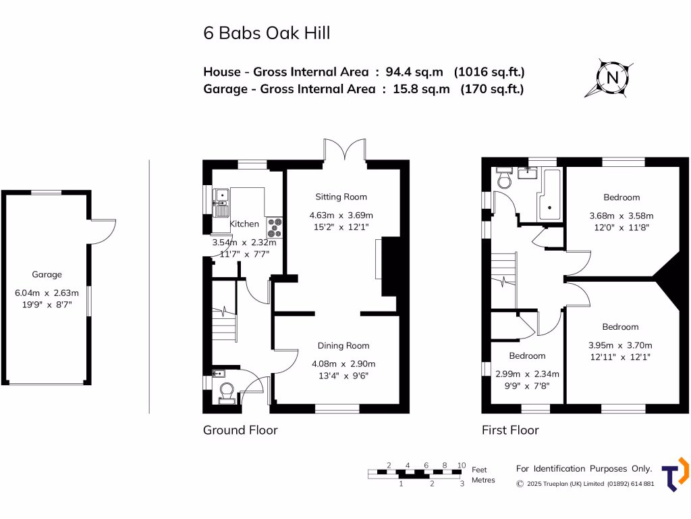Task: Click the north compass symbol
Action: (x=613, y=78)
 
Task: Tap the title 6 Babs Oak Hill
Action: (x=267, y=32)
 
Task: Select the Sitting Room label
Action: (x=341, y=197)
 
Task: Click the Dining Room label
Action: (x=343, y=345)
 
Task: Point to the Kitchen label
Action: (x=244, y=224)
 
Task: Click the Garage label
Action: (x=47, y=274)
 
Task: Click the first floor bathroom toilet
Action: (x=503, y=179)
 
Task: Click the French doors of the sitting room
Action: (x=344, y=149)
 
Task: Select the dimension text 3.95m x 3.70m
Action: (x=620, y=344)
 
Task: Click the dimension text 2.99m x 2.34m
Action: (x=527, y=373)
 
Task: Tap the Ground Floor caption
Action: (x=240, y=430)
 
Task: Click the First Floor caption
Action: (x=510, y=430)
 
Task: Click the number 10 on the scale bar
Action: (x=462, y=465)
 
